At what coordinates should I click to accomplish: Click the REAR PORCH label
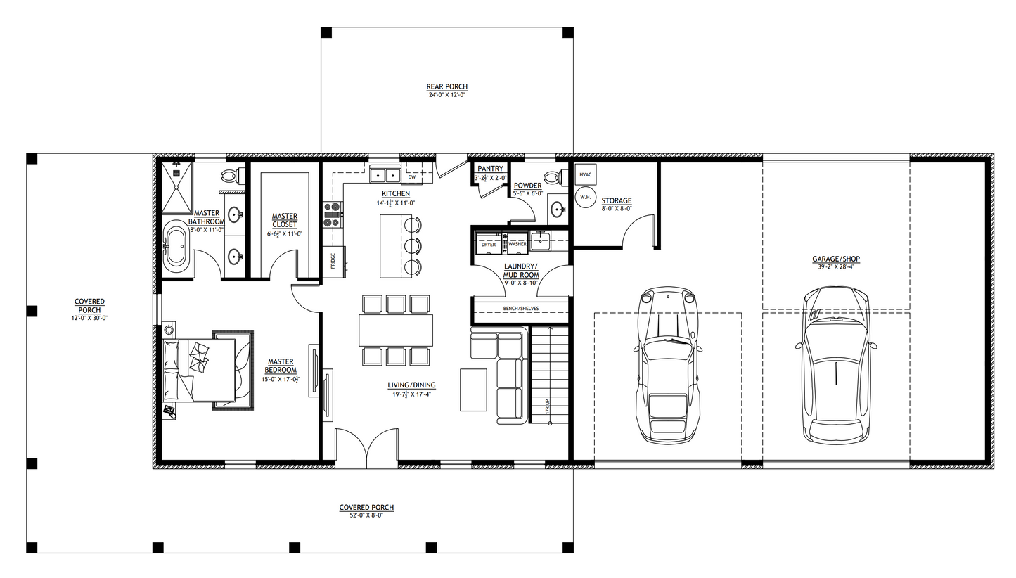tap(446, 86)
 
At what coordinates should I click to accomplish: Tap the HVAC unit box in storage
tap(586, 174)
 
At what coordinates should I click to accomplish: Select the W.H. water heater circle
tap(585, 197)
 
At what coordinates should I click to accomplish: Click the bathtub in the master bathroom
tap(176, 248)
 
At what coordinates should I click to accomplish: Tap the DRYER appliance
tap(488, 243)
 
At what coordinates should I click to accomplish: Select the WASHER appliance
tap(517, 243)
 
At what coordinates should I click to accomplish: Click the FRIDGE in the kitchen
tap(333, 261)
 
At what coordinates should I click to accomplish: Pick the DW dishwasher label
tap(411, 177)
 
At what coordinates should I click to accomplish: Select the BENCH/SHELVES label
tap(520, 309)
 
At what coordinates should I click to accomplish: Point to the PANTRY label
tap(490, 169)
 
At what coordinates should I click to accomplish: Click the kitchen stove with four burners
tap(332, 214)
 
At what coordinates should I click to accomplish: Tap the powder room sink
tap(558, 209)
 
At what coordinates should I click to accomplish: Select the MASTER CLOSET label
tap(285, 220)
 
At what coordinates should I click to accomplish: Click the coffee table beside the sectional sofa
tap(473, 390)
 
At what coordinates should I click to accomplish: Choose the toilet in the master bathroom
tap(230, 176)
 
